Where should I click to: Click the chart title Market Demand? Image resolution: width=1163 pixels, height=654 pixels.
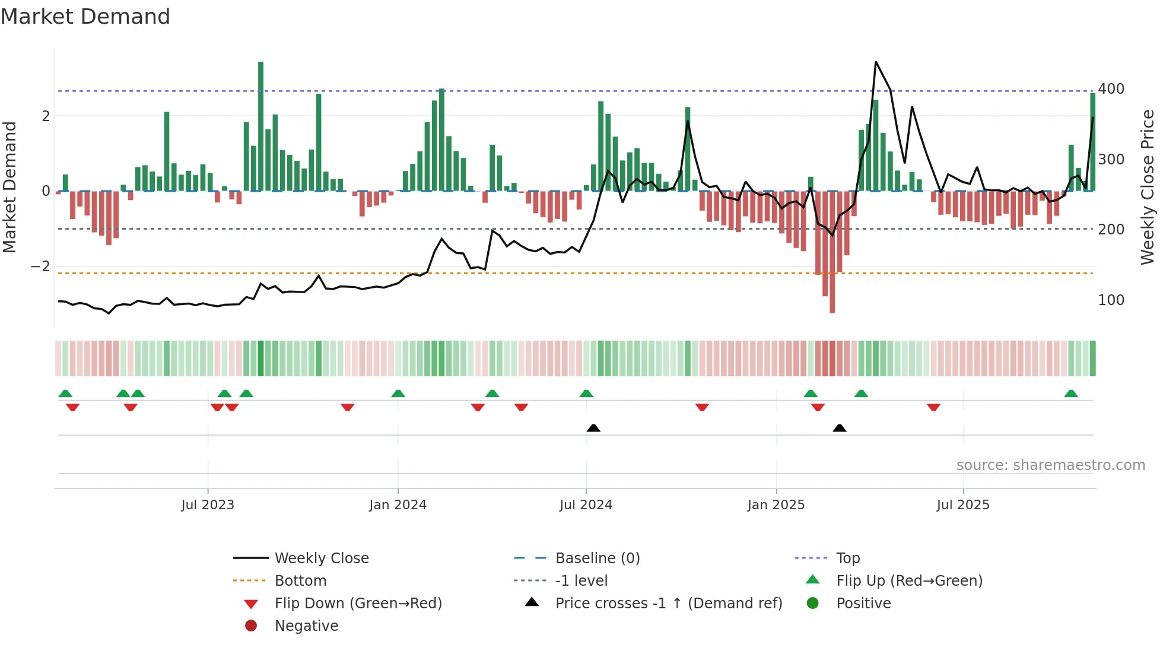(x=85, y=17)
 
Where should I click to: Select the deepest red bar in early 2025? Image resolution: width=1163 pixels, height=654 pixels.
(x=832, y=252)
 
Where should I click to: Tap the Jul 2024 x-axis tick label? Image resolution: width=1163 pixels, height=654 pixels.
(x=586, y=505)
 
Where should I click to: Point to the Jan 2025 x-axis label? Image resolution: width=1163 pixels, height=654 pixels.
(x=776, y=505)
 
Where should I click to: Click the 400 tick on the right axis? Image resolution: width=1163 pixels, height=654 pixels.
(x=1111, y=89)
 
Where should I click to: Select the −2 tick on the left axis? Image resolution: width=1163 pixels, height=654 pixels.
(x=41, y=266)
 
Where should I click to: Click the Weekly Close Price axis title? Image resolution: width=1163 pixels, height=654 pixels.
(x=1148, y=187)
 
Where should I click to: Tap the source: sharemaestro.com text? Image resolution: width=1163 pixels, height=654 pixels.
(x=1050, y=465)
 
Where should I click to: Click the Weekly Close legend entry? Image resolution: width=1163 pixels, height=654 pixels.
(x=321, y=558)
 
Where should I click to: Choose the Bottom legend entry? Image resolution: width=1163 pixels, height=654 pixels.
(x=300, y=581)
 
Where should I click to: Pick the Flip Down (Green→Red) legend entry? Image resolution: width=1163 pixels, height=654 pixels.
(x=358, y=604)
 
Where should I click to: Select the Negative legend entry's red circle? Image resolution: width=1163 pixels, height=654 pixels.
(x=251, y=626)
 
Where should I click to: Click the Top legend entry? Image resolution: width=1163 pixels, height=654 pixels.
(x=847, y=558)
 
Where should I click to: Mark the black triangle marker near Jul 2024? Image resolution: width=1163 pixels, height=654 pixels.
(x=593, y=428)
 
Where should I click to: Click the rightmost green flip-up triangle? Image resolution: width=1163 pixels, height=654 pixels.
(x=1071, y=393)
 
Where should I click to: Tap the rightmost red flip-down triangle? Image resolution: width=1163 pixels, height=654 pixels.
(x=933, y=407)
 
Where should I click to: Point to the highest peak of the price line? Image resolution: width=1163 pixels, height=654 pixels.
(x=876, y=62)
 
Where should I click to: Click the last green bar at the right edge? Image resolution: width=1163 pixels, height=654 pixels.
(x=1092, y=142)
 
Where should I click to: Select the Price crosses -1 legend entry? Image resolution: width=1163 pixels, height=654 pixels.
(x=668, y=604)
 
